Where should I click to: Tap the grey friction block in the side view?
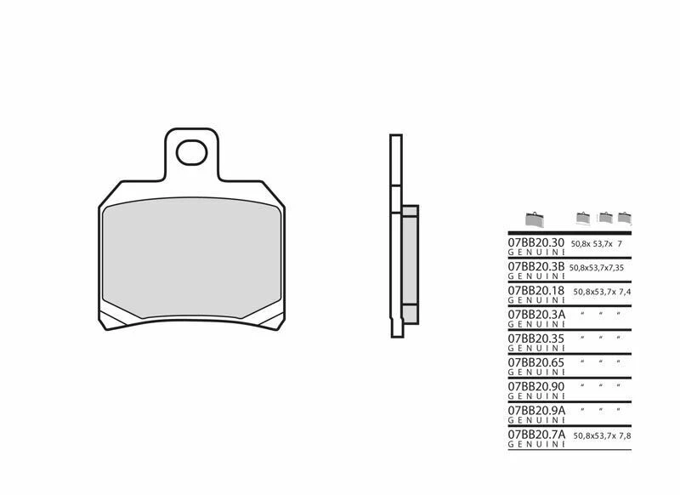click(410, 264)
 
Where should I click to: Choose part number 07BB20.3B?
click(535, 267)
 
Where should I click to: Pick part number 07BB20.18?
click(535, 290)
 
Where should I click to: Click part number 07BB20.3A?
click(535, 314)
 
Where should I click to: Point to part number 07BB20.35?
click(535, 338)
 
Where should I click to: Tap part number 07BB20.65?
click(535, 361)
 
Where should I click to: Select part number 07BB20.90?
click(535, 385)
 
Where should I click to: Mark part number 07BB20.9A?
click(535, 409)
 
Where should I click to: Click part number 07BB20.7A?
click(535, 433)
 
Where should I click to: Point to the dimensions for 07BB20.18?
click(603, 291)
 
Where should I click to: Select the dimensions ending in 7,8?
click(603, 434)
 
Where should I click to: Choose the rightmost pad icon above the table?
click(625, 217)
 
